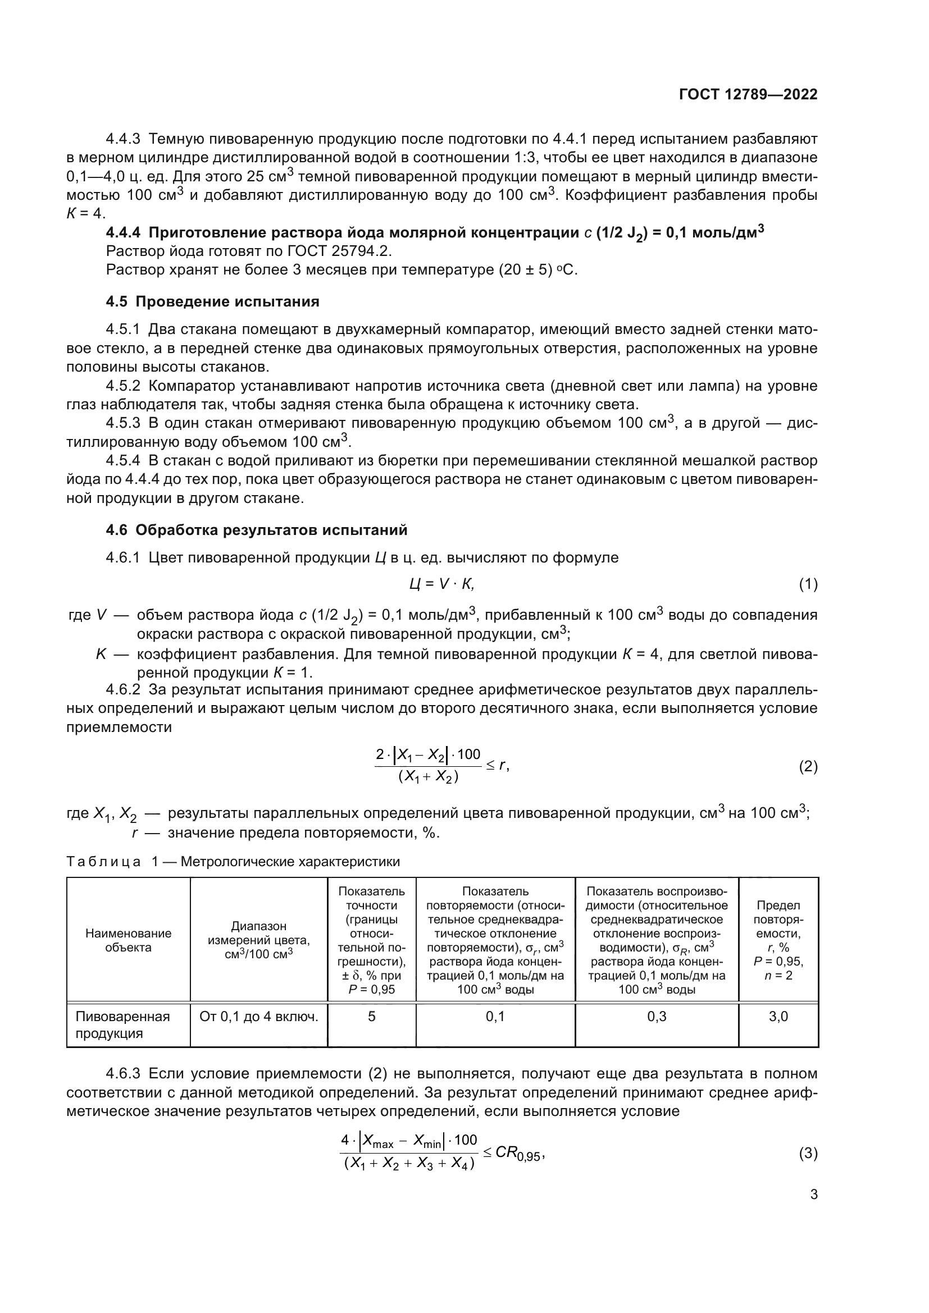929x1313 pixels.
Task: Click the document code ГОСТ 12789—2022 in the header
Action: pyautogui.click(x=748, y=95)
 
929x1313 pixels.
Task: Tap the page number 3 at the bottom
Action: pyautogui.click(x=813, y=1195)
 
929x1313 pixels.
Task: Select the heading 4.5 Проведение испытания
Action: pyautogui.click(x=212, y=301)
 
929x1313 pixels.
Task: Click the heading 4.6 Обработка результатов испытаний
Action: pyautogui.click(x=256, y=530)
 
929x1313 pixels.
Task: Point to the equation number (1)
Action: pyautogui.click(x=808, y=584)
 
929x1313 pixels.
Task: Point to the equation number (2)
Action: pyautogui.click(x=808, y=766)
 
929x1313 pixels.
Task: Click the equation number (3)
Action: pyautogui.click(x=808, y=1154)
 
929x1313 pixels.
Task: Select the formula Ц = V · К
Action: pyautogui.click(x=441, y=584)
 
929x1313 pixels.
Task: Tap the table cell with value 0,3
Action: pyautogui.click(x=656, y=1016)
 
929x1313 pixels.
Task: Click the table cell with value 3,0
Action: pyautogui.click(x=778, y=1016)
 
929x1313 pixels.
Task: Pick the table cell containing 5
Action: pyautogui.click(x=371, y=1016)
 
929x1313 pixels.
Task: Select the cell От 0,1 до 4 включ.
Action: pyautogui.click(x=258, y=1016)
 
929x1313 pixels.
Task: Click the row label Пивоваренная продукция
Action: pyautogui.click(x=122, y=1024)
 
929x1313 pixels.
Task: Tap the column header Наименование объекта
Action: pyautogui.click(x=128, y=940)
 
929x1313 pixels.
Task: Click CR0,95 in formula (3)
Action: pyautogui.click(x=517, y=1153)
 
